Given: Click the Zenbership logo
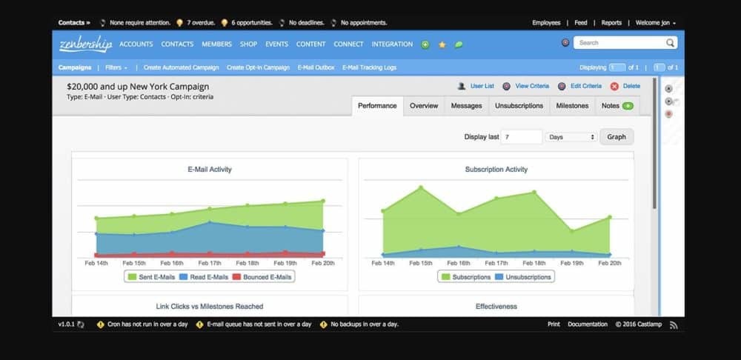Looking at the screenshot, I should (85, 44).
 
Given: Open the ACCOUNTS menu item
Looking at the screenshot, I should (136, 44).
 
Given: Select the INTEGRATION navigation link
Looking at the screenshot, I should (392, 44).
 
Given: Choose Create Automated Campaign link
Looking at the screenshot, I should (182, 67).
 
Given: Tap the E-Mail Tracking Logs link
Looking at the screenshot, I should (369, 67).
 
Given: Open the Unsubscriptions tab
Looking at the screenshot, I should (519, 106).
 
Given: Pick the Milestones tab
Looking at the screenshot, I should (572, 106).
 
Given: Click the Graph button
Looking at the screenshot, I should (617, 137).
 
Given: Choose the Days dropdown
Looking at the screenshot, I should (571, 137).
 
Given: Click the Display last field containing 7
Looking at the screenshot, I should (522, 137).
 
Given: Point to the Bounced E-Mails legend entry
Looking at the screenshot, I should (263, 277).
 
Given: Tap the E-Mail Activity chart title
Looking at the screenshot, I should (210, 170).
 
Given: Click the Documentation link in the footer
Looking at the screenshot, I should (588, 324).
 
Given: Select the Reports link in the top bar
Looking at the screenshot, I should (611, 23).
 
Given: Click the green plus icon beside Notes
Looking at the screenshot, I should (628, 106).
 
